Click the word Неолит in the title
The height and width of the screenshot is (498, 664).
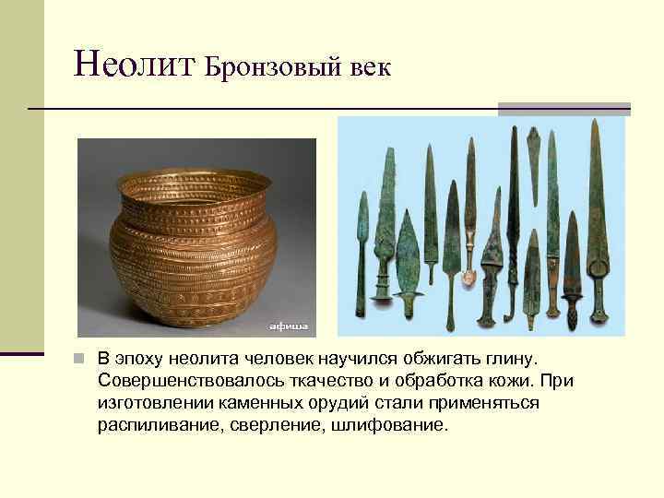pyautogui.click(x=136, y=64)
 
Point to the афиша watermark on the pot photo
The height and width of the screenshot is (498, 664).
pyautogui.click(x=287, y=326)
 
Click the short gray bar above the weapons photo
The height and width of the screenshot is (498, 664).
pyautogui.click(x=563, y=109)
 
